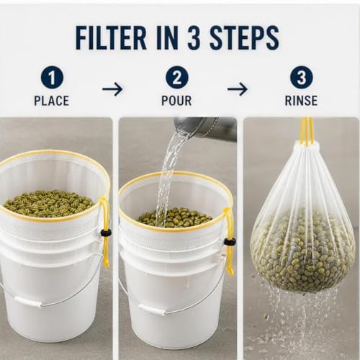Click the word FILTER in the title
(111, 38)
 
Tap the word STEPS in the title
(244, 38)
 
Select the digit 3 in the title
(194, 38)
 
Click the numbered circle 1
(52, 78)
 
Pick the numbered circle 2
(177, 78)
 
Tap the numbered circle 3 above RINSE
(302, 78)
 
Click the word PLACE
(52, 101)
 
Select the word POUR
(176, 101)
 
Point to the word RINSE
(301, 101)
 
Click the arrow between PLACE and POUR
(112, 89)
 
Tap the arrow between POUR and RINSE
(238, 89)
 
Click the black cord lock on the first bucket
(106, 233)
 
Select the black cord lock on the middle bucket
(230, 242)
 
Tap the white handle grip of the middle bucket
(152, 309)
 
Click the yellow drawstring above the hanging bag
(307, 131)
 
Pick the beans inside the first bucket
(49, 204)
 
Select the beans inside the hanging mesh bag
(303, 254)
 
